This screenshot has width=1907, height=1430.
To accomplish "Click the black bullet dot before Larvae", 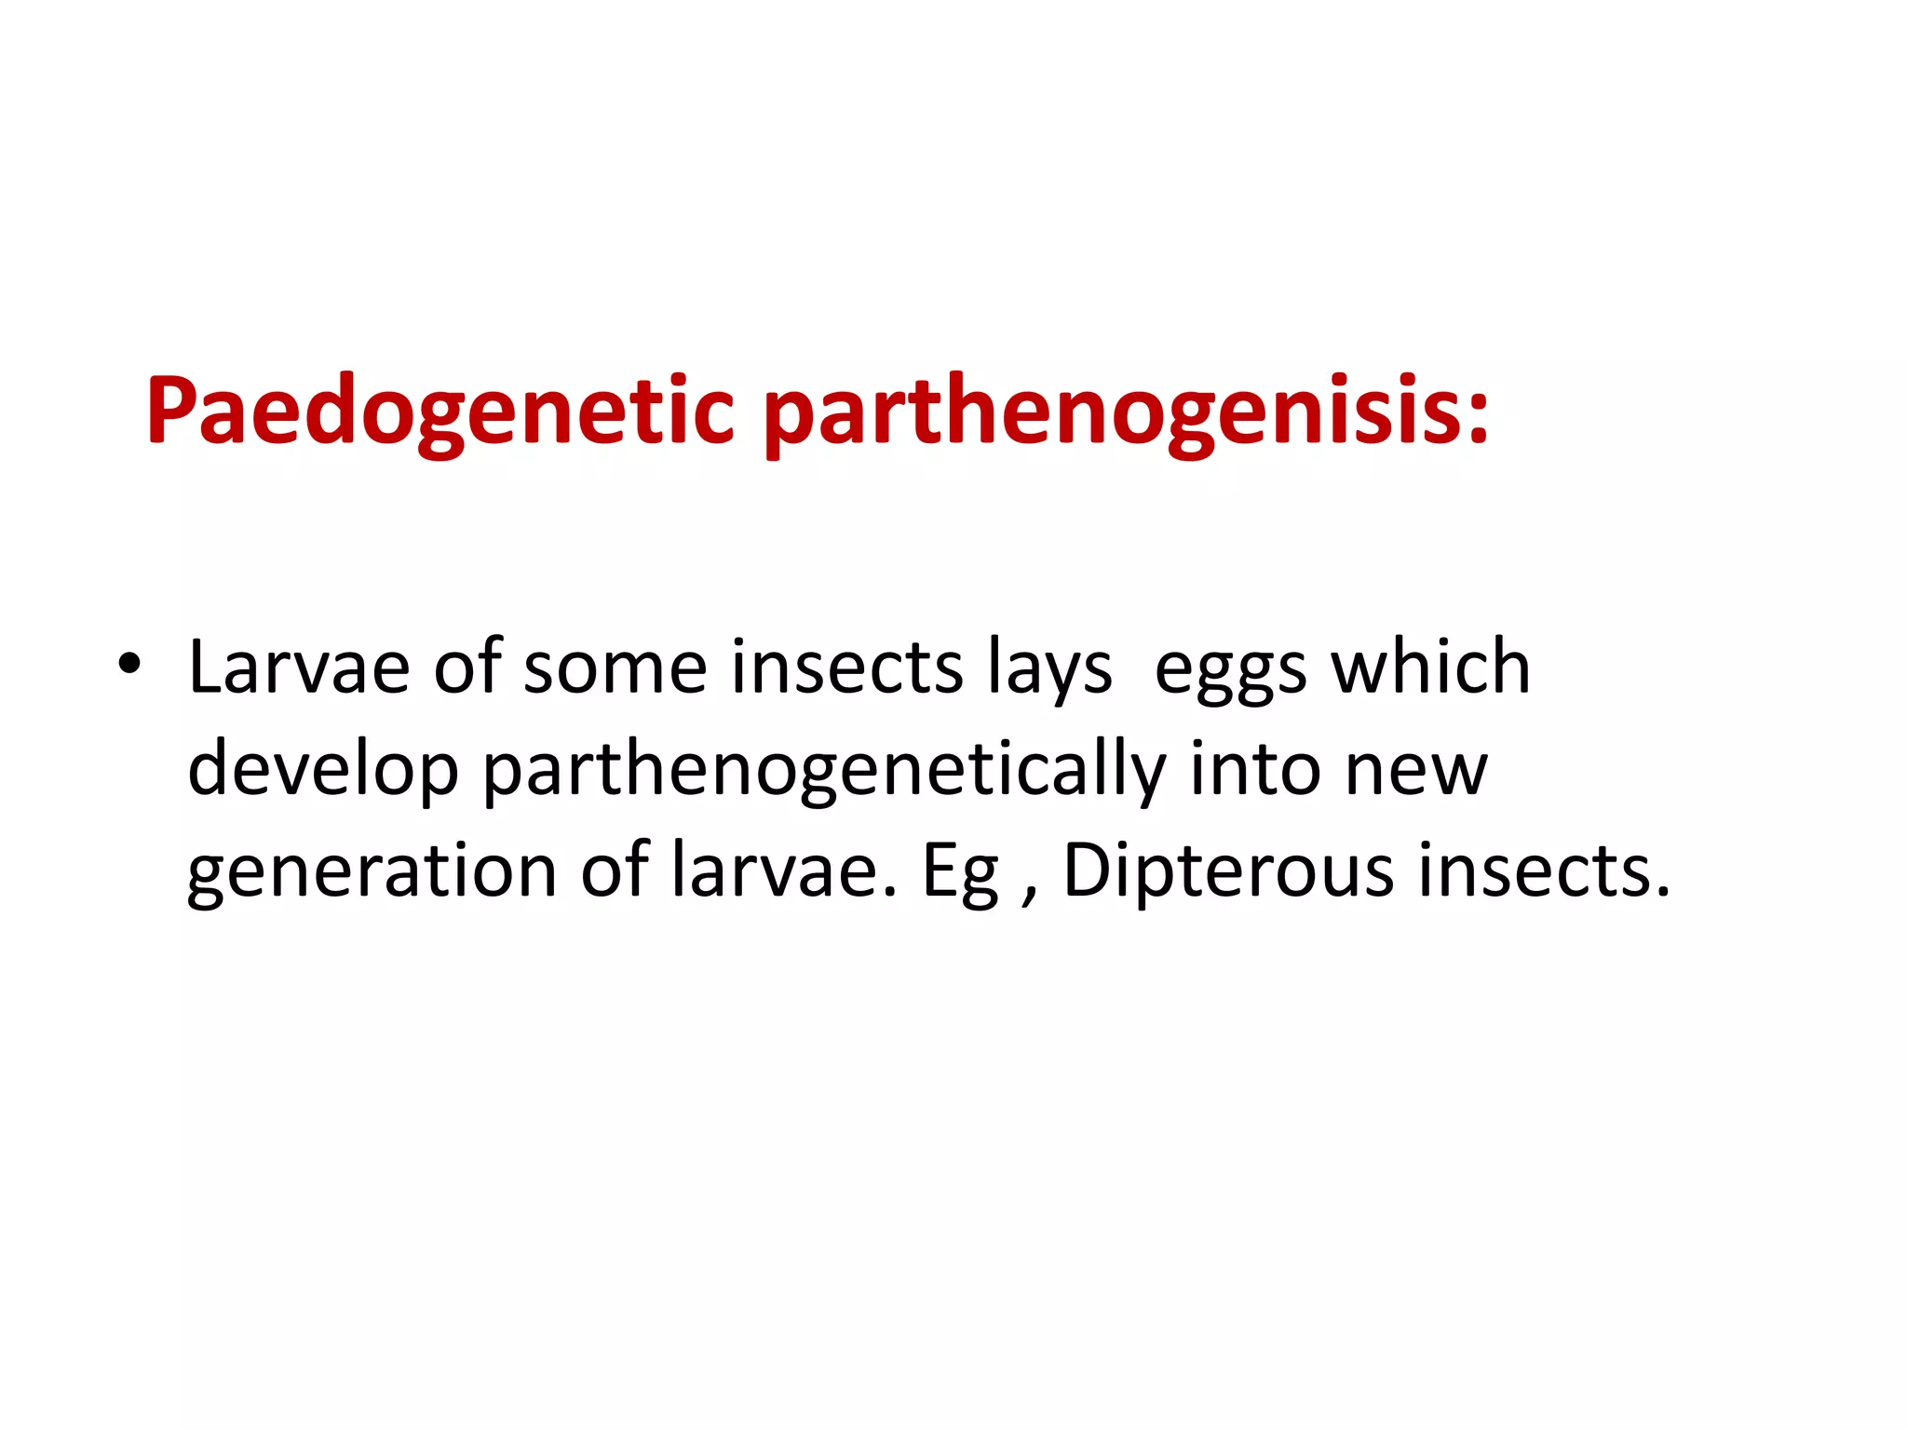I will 129,663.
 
